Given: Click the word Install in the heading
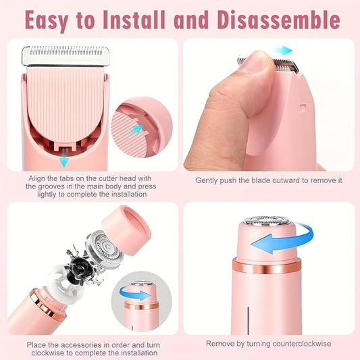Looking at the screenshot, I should pyautogui.click(x=131, y=20).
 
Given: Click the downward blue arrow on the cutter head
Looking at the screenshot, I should pyautogui.click(x=63, y=159).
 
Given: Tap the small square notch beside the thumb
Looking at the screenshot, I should pyautogui.click(x=303, y=105).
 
